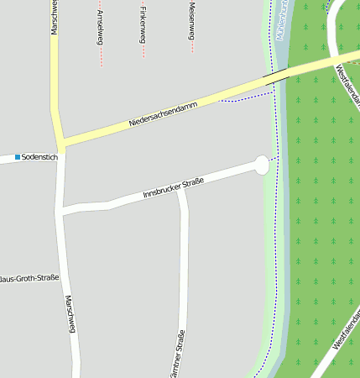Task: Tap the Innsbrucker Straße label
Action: tap(174, 186)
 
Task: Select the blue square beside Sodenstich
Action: tap(17, 157)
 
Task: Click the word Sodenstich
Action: tap(39, 157)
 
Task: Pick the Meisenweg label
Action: tap(192, 20)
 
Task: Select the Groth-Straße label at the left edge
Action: tap(29, 278)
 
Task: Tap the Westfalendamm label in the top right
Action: tap(347, 89)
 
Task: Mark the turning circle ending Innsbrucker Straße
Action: tap(262, 165)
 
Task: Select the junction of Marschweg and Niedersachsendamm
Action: tap(60, 142)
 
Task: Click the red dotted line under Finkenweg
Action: tap(143, 49)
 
